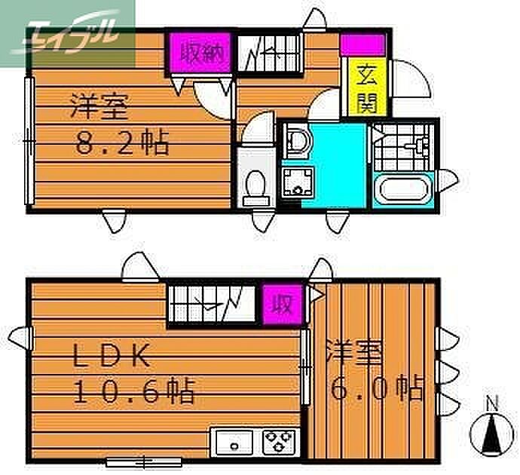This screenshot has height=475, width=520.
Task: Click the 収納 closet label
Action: click(x=200, y=53)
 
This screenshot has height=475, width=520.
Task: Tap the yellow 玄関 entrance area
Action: click(x=367, y=88)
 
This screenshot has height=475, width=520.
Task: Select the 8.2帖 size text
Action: click(x=121, y=142)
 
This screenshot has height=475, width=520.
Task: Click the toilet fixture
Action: click(x=255, y=185)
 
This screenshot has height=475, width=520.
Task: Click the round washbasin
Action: click(x=298, y=141)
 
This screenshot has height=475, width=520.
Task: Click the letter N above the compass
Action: click(x=491, y=403)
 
